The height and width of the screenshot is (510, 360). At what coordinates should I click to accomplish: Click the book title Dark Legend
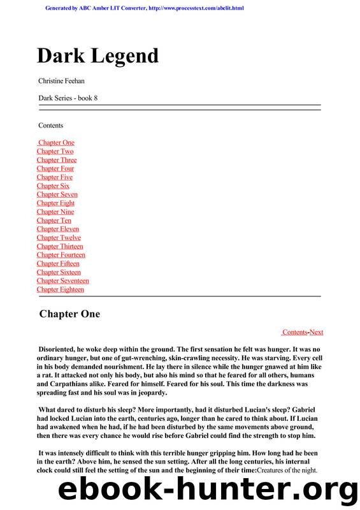point(97,56)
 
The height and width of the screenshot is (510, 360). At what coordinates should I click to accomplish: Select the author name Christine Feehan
point(62,82)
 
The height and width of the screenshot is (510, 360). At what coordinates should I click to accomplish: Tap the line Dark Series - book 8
point(68,98)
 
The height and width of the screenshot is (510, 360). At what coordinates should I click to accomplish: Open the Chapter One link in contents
point(56,143)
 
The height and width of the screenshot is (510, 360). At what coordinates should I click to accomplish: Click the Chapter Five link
point(55,177)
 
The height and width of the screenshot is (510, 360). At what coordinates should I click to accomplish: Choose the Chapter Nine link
point(55,212)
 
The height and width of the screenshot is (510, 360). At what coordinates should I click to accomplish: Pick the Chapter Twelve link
point(59,238)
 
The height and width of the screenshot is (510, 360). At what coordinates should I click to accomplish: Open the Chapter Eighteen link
point(61,289)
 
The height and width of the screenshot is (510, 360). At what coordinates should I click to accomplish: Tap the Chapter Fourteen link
point(61,255)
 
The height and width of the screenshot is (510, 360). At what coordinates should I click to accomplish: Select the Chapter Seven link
point(57,194)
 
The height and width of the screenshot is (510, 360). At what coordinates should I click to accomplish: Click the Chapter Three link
point(57,160)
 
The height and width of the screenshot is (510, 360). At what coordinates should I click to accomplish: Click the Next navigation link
point(316,332)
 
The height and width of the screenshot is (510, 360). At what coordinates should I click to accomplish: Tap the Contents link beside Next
point(294,332)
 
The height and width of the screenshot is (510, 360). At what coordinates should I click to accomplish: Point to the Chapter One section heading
point(69,314)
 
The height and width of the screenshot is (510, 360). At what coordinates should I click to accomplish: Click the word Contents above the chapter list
point(50,126)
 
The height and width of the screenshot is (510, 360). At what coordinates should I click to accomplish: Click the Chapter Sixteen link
point(59,272)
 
